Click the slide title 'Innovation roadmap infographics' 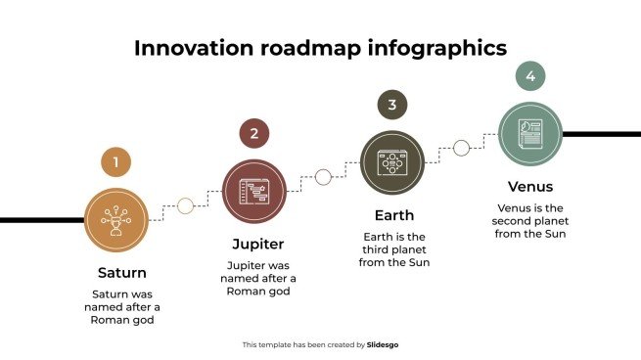click(320, 48)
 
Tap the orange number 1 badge click(115, 162)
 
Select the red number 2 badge click(253, 134)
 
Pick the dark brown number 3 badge click(391, 105)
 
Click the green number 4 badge click(529, 75)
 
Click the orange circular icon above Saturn click(116, 220)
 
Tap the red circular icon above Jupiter click(254, 191)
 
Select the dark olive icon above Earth click(392, 161)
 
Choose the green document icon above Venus click(529, 134)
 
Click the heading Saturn click(122, 272)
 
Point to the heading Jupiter click(257, 243)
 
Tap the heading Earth click(393, 215)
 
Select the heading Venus click(530, 186)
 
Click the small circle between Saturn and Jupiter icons click(185, 205)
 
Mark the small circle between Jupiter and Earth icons click(323, 177)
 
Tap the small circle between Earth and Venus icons click(461, 148)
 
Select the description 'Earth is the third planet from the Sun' click(393, 249)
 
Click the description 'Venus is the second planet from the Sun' click(530, 220)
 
